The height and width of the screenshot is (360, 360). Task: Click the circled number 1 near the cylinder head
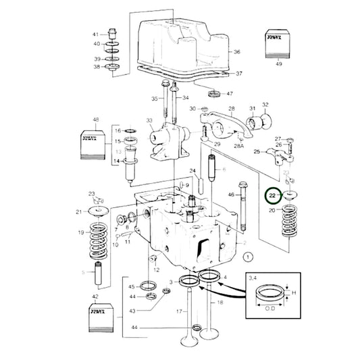(249, 257)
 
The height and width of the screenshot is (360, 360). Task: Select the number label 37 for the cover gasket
(238, 74)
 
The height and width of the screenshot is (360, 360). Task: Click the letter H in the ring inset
(295, 292)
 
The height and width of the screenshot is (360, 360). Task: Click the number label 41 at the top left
(95, 34)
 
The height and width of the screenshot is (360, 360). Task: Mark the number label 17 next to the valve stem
(178, 311)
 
